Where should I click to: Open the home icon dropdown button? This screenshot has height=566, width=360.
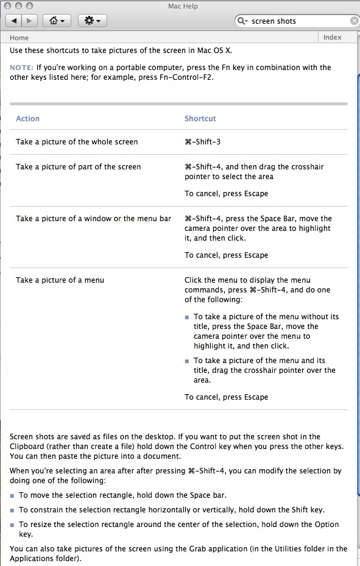[x=57, y=21]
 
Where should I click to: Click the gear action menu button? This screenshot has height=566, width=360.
[x=93, y=21]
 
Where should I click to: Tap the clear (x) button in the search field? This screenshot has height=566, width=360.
[x=355, y=21]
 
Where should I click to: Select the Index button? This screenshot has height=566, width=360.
[x=333, y=37]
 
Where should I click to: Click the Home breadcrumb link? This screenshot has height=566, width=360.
[x=19, y=37]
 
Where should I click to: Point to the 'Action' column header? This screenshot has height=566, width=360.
[x=27, y=119]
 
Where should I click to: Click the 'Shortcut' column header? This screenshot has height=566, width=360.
[x=200, y=119]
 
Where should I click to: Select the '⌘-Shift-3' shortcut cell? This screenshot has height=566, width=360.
[x=202, y=142]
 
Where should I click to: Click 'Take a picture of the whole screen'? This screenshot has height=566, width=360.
[x=77, y=142]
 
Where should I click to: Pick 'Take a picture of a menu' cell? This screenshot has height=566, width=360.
[x=60, y=280]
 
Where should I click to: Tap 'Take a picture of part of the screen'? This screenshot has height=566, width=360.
[x=78, y=167]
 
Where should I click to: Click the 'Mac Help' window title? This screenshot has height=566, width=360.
[x=182, y=7]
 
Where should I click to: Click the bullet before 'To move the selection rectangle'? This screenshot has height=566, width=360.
[x=13, y=495]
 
